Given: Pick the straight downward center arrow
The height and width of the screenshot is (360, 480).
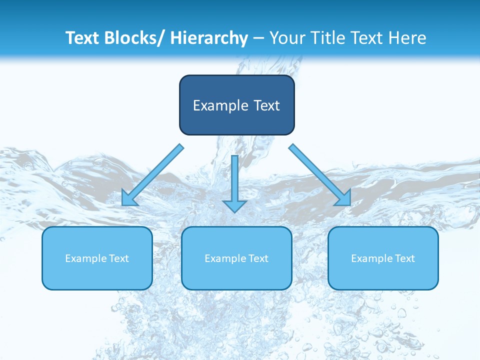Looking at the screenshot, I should point(235,180).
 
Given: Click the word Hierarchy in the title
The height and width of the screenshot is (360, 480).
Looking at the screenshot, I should point(209,38).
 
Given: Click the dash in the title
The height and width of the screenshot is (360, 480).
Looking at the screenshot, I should point(258,38).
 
